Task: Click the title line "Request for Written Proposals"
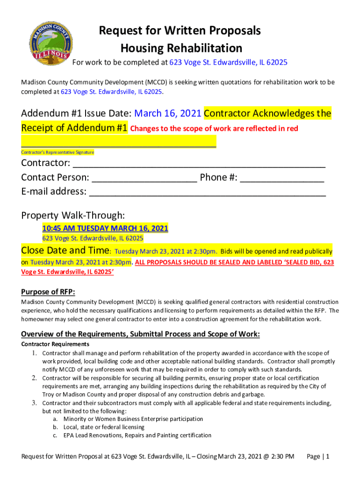[180, 31]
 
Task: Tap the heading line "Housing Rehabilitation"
[181, 48]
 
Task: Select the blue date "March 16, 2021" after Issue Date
[168, 114]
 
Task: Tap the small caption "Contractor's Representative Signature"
[58, 152]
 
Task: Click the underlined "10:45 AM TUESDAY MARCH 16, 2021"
[105, 228]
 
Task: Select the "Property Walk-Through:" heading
[73, 215]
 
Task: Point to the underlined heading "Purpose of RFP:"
[48, 292]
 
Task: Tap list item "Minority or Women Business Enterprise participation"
[133, 419]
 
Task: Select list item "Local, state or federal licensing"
[104, 427]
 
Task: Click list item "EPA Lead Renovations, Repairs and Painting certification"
[137, 435]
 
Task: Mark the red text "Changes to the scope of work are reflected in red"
[214, 129]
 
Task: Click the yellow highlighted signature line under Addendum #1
[119, 142]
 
